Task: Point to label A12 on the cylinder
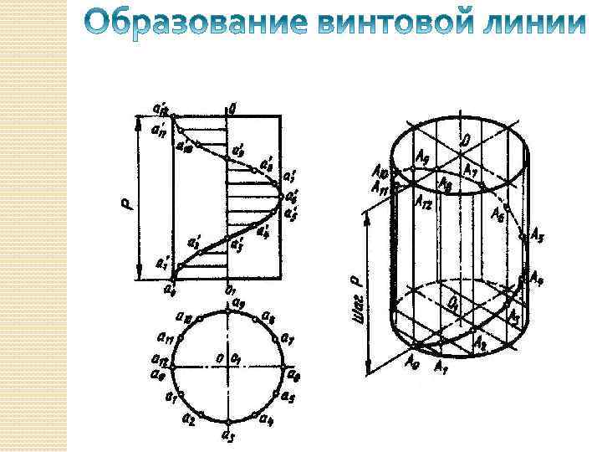tap(423, 201)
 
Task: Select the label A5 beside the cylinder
tap(538, 235)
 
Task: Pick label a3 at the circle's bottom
tap(227, 435)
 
